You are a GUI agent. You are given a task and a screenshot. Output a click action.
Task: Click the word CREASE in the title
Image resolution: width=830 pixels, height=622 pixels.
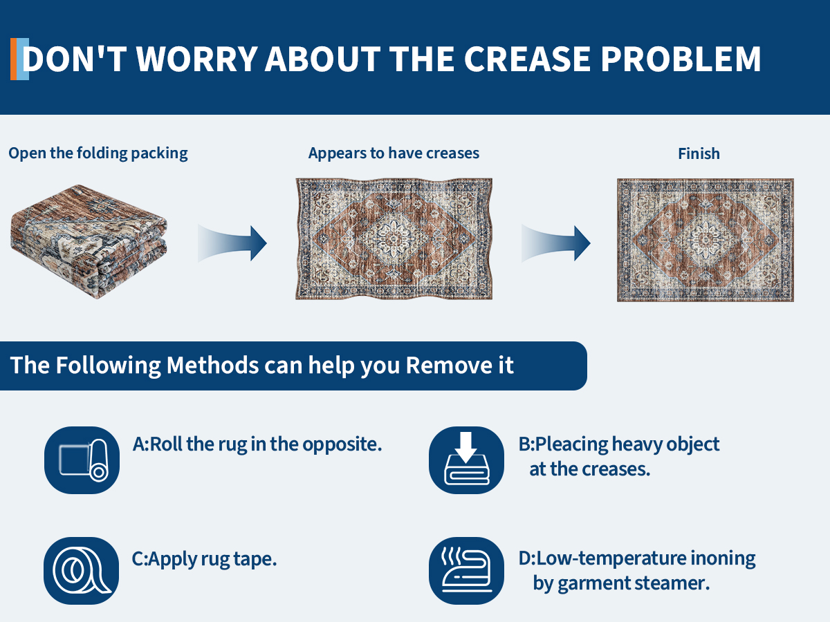click(x=527, y=59)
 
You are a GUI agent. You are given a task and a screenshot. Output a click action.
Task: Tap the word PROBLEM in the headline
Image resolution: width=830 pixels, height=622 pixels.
click(x=681, y=59)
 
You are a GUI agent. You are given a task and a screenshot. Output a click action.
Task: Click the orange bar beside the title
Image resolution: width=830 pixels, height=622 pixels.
click(x=14, y=59)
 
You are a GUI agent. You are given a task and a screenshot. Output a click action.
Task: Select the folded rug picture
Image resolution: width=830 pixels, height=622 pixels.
click(x=89, y=241)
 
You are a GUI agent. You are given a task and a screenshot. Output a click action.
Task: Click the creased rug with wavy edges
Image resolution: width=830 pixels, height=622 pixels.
click(x=394, y=239)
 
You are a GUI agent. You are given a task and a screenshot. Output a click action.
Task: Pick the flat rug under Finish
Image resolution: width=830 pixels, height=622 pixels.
click(x=705, y=241)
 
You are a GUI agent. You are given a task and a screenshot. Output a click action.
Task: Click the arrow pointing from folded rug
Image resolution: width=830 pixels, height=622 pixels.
click(x=232, y=243)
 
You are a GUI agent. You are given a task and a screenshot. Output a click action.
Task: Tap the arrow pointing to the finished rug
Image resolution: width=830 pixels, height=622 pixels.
click(x=556, y=243)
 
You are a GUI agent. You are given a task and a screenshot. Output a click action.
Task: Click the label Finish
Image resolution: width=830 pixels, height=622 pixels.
click(x=699, y=153)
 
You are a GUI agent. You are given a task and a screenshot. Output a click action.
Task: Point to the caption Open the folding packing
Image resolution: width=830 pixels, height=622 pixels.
click(x=98, y=153)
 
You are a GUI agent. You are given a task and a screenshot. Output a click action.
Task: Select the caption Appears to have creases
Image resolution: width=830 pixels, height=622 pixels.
click(x=394, y=153)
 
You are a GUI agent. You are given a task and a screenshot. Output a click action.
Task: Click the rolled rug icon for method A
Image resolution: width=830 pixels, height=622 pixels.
click(x=82, y=460)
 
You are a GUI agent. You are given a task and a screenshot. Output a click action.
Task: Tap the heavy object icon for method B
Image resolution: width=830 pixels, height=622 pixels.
click(x=466, y=460)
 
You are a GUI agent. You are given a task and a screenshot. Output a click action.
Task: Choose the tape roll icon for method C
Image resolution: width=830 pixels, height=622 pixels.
click(x=82, y=571)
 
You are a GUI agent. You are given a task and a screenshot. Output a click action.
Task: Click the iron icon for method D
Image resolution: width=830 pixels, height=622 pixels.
click(x=466, y=571)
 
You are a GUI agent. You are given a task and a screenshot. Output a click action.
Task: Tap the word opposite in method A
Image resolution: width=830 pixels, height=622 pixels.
click(x=342, y=445)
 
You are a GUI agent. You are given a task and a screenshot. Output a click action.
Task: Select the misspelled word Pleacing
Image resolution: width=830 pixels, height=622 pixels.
click(x=571, y=445)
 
